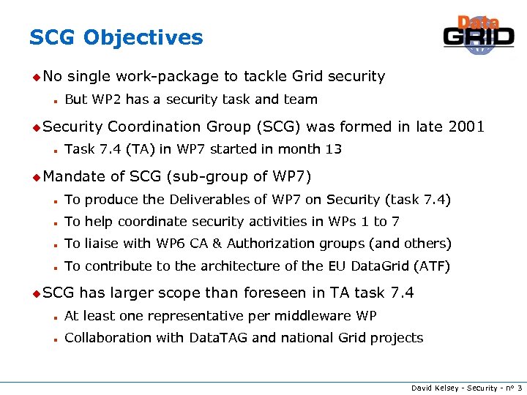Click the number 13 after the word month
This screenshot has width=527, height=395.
[x=334, y=149]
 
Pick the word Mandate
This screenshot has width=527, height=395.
[x=75, y=176]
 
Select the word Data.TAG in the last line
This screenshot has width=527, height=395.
[x=220, y=338]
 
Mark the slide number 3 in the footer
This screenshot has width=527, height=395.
[x=519, y=387]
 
